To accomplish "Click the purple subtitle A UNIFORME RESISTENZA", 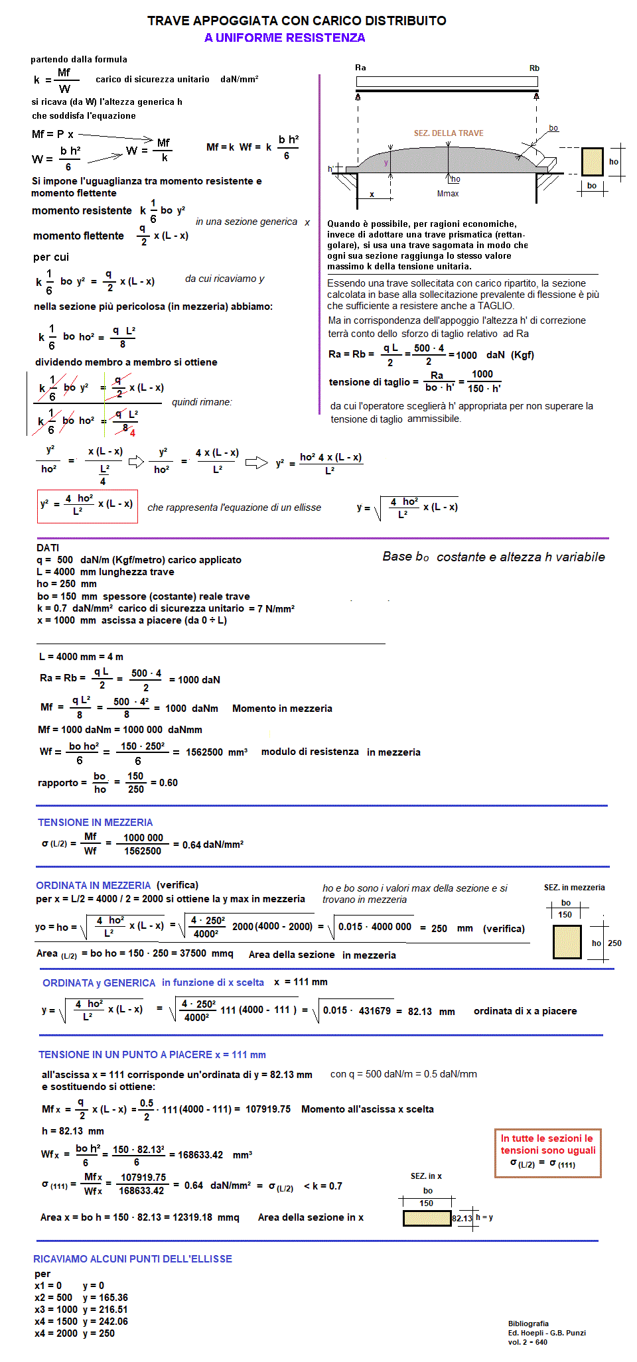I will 285,38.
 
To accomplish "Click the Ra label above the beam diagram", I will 360,68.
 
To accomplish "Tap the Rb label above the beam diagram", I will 534,68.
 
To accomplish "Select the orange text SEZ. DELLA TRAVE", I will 449,133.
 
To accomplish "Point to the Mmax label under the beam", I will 448,194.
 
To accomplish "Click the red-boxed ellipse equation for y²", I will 87,506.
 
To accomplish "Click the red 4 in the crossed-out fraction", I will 133,433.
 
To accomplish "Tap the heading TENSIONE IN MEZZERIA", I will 95,823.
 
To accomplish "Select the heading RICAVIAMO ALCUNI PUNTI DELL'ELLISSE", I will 133,1259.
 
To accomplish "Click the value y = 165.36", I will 105,1298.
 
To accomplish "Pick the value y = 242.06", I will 105,1322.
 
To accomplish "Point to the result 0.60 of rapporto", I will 169,783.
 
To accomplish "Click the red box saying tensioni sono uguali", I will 547,1153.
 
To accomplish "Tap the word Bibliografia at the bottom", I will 528,1324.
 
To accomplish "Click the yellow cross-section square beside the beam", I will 592,161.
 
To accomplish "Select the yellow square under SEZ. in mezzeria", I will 567,942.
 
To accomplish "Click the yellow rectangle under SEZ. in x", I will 427,1218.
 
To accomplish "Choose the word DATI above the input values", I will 48,548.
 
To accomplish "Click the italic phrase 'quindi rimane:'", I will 202,402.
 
